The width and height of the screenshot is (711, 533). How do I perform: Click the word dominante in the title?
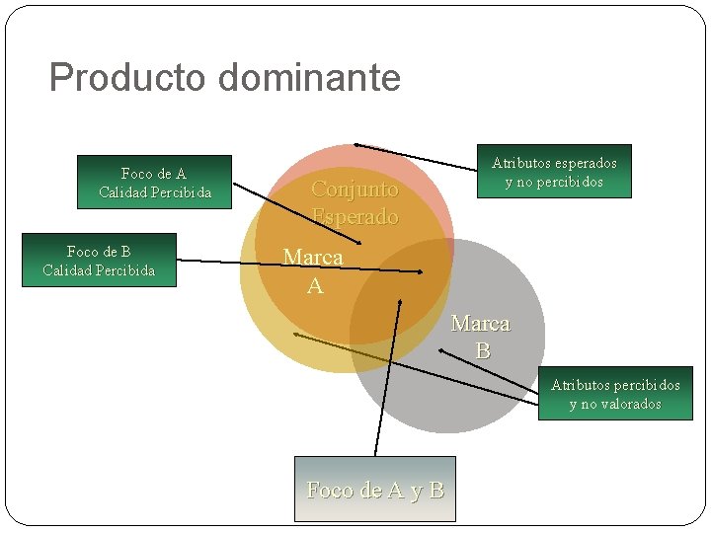(310, 77)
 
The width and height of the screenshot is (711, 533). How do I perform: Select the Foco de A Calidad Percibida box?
(155, 183)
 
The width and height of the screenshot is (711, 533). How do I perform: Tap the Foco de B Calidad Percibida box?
(99, 261)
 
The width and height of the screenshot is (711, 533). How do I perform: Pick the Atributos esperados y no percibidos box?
(554, 172)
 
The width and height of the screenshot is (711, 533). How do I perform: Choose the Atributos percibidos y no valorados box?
(615, 394)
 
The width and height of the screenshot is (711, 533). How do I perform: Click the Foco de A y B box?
(375, 489)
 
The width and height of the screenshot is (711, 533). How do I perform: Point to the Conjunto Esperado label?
(355, 202)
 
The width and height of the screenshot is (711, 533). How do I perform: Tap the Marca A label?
(313, 271)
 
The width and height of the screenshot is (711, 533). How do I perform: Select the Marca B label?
(481, 337)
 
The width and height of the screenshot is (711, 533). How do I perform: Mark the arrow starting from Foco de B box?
(296, 265)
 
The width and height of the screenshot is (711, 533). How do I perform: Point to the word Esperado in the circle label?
(355, 217)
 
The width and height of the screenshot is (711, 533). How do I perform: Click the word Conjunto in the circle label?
(355, 189)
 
